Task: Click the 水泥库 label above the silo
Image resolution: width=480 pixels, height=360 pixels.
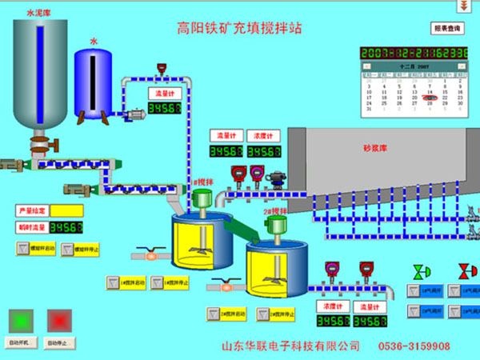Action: pos(38,13)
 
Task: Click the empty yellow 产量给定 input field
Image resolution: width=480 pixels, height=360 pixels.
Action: pos(67,210)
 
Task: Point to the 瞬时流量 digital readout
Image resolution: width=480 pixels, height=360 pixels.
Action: pos(67,227)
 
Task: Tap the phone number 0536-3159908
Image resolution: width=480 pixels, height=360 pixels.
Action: pos(419,346)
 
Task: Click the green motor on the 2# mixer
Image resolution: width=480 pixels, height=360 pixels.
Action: pos(276,225)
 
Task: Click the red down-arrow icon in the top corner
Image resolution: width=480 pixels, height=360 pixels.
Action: pos(462,6)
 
